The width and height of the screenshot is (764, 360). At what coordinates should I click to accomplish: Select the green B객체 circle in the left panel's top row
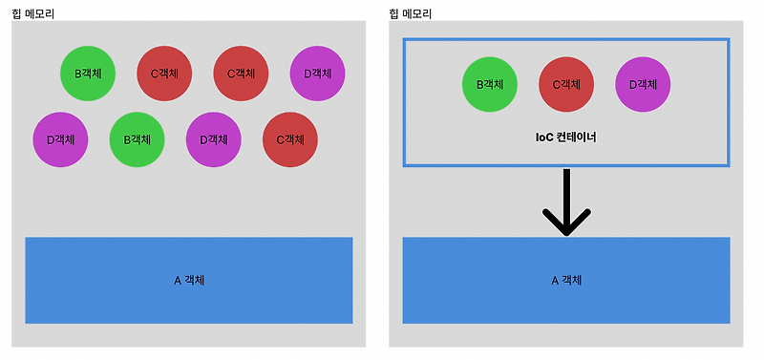click(88, 73)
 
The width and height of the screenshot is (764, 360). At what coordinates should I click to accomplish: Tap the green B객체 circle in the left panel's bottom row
click(138, 139)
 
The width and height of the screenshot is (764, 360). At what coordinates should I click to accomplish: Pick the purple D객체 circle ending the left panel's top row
click(317, 73)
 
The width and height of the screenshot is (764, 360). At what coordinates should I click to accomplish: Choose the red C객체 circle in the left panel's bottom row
click(289, 139)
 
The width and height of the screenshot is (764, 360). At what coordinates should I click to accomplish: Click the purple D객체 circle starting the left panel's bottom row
click(60, 139)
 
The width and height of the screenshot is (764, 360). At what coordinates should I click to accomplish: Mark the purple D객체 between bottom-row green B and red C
click(213, 139)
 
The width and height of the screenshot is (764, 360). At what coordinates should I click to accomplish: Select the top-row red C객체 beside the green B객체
click(165, 73)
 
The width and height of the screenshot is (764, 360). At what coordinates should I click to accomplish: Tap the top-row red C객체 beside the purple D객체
click(241, 73)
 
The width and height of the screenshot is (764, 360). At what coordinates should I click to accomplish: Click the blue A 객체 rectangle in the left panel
click(188, 281)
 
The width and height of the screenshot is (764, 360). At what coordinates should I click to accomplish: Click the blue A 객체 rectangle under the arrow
click(566, 281)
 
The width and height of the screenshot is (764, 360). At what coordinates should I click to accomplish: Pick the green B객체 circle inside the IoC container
click(490, 84)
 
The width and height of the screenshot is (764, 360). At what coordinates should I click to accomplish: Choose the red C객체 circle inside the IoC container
click(566, 84)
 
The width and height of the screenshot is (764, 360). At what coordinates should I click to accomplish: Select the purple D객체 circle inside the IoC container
click(643, 84)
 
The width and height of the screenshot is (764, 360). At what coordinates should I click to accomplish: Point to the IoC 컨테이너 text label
click(566, 138)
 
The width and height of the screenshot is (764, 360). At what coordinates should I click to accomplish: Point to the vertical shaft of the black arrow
click(567, 191)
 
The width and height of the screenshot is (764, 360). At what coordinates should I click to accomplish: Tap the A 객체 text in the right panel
click(566, 281)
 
